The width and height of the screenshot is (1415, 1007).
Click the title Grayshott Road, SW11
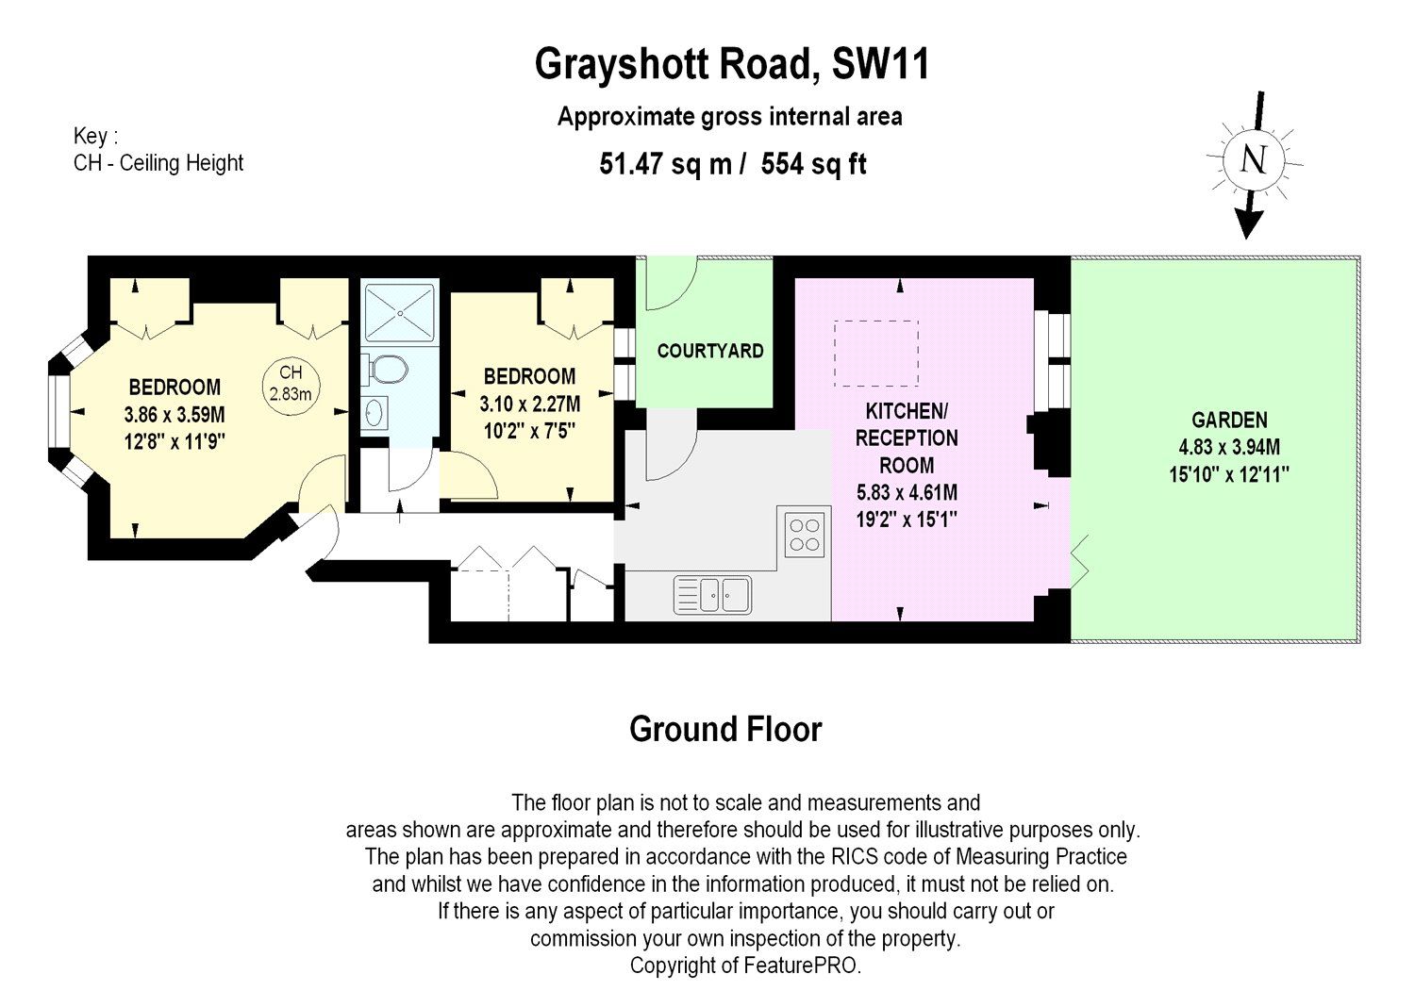732,65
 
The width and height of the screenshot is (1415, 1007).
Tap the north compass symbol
1252,160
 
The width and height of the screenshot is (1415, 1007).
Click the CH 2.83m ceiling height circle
291,383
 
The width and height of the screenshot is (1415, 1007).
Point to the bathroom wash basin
375,412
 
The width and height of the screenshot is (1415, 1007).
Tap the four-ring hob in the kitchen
805,534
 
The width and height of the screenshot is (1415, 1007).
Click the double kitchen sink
712,594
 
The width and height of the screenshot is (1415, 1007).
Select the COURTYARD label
709,351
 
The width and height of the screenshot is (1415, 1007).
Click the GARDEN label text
1228,421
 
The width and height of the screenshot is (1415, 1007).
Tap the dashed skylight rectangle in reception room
875,353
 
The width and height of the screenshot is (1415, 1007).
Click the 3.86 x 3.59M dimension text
175,414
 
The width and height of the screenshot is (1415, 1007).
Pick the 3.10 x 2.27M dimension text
529,404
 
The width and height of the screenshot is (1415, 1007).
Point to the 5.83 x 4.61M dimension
906,492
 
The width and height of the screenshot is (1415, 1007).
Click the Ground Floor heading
725,729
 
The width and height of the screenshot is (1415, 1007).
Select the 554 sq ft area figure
813,164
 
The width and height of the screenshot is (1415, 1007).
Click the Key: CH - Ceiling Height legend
158,150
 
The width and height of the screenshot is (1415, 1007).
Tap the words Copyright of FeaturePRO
745,966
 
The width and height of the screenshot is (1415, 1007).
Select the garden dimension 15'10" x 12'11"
1228,475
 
